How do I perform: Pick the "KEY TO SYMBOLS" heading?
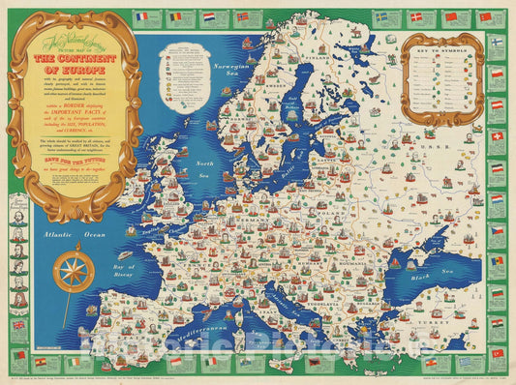pos(442,47)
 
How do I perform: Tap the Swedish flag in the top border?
pos(380,16)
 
